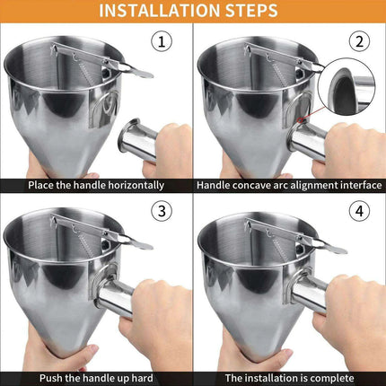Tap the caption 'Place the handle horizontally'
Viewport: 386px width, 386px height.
click(95, 185)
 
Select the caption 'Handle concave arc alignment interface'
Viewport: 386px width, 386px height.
click(289, 185)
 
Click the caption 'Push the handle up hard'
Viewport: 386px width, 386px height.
click(95, 377)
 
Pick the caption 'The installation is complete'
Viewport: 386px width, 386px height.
click(289, 377)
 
